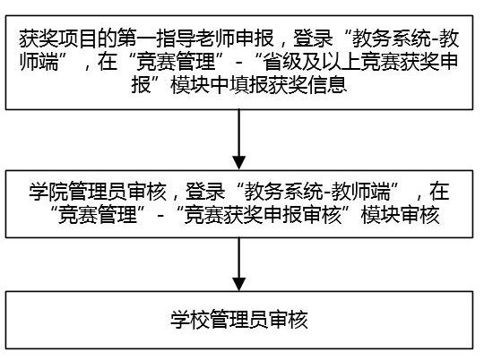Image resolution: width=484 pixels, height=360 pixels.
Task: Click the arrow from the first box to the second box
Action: point(239,140)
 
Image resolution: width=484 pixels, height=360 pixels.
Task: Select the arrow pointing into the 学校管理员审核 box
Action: point(239,264)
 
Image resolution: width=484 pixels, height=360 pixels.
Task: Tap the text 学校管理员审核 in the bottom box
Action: point(239,320)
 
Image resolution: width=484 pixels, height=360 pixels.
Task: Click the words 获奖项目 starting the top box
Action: point(58,39)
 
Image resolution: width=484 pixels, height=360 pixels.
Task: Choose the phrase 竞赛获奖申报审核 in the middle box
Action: point(263,215)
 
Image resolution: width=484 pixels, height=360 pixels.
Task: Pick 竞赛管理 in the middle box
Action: point(98,215)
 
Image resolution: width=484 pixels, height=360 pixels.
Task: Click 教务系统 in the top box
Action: point(392,39)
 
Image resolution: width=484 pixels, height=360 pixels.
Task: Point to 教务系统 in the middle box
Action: point(283,192)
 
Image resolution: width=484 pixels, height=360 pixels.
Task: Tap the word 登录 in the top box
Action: point(313,39)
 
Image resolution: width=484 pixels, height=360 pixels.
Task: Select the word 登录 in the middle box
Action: point(205,192)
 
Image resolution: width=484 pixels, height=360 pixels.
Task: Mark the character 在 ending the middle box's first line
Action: point(439,192)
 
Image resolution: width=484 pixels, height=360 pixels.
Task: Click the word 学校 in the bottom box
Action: point(190,320)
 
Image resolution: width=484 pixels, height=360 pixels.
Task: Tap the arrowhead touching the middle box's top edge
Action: point(239,163)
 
